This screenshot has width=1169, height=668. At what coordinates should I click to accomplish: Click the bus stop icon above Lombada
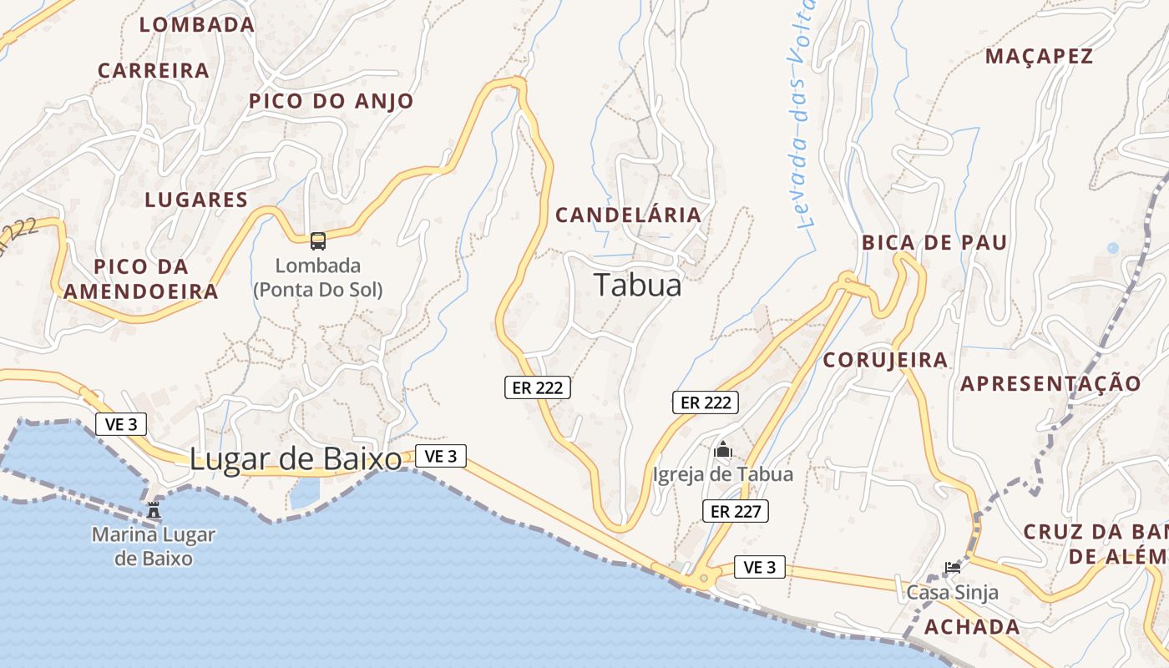[318, 241]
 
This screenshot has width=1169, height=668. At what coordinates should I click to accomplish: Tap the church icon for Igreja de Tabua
[723, 451]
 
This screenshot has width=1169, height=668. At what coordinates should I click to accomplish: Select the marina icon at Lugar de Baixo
[154, 509]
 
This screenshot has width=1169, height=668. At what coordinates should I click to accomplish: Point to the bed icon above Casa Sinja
[952, 568]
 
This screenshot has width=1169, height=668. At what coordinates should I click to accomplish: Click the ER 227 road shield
[736, 511]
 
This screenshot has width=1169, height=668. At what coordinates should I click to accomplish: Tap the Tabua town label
[638, 286]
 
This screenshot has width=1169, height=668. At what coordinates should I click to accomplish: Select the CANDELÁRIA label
[629, 215]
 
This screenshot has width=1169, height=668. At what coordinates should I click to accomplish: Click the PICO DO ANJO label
[331, 102]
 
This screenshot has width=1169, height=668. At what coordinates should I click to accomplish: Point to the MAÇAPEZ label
[1039, 57]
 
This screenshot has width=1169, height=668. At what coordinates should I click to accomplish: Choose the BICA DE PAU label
[934, 243]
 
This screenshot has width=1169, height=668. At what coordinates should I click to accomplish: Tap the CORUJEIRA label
[885, 361]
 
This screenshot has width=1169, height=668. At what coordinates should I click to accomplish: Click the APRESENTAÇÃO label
[1050, 384]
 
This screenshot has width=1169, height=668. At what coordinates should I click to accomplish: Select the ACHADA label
[973, 627]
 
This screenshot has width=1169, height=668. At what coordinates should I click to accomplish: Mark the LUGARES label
[196, 200]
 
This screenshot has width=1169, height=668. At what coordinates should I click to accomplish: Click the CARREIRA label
[154, 71]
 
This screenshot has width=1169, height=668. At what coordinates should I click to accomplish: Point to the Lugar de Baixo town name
[296, 460]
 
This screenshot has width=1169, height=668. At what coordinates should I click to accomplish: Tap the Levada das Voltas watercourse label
[802, 117]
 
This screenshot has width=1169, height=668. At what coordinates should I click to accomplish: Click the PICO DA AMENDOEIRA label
[140, 280]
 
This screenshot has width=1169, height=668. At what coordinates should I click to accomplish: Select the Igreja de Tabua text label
[723, 475]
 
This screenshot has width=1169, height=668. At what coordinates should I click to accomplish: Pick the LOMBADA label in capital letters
[197, 25]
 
